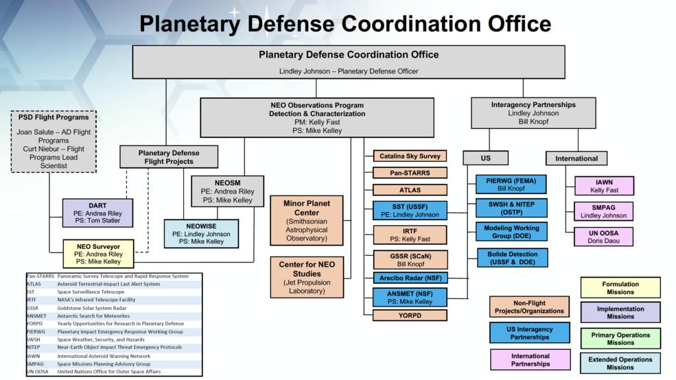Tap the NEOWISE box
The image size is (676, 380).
point(201,233)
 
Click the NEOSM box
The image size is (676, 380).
point(226,191)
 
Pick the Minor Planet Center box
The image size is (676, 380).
point(306,220)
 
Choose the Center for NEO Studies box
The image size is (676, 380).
point(306,276)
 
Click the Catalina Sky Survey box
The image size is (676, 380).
point(409,156)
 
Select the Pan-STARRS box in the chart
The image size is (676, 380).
point(409,172)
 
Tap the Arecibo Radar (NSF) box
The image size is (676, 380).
point(409,278)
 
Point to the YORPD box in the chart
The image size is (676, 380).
point(409,315)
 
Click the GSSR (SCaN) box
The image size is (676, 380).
point(409,259)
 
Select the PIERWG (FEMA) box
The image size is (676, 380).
point(511,184)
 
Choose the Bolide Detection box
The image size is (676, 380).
point(511,257)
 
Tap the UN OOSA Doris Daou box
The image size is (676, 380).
point(603,237)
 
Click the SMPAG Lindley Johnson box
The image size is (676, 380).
point(603,211)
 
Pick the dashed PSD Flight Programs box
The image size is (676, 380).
point(54,141)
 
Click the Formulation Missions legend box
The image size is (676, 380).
point(620,287)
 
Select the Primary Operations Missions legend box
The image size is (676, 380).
point(620,337)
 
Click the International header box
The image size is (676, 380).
point(576,158)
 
